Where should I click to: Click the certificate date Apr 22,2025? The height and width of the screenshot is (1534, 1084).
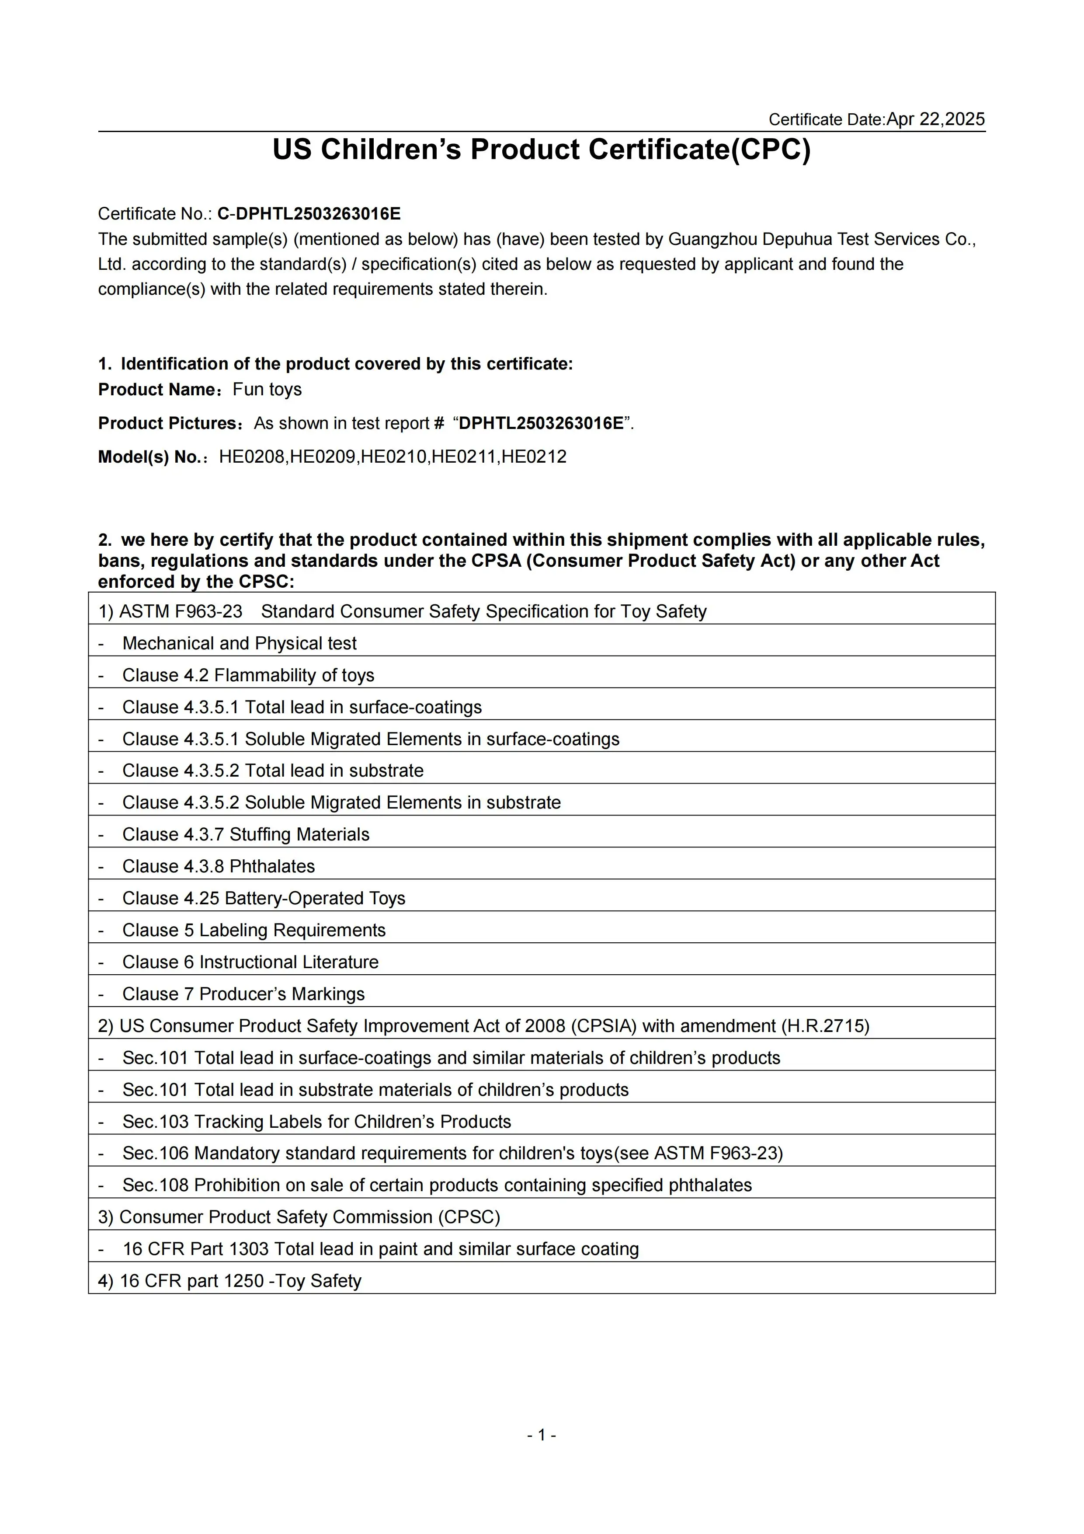(935, 119)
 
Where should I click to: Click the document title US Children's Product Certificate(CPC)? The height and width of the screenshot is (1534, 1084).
(541, 150)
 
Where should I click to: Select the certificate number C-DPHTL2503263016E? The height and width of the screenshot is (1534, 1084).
(309, 214)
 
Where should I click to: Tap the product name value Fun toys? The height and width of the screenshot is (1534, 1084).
(267, 390)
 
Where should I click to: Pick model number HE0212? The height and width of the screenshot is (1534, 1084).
(534, 457)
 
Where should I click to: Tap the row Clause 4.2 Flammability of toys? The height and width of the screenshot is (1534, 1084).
(248, 676)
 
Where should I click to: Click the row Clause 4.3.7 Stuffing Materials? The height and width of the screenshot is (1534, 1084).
(245, 834)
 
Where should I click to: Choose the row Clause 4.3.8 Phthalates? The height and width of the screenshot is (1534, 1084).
(219, 867)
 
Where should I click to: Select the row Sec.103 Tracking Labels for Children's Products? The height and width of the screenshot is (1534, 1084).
(316, 1122)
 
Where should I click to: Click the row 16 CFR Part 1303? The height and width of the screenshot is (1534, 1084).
(381, 1249)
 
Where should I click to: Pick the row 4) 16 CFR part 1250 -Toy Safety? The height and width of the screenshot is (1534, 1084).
(230, 1281)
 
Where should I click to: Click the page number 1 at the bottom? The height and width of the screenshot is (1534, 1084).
(542, 1435)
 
